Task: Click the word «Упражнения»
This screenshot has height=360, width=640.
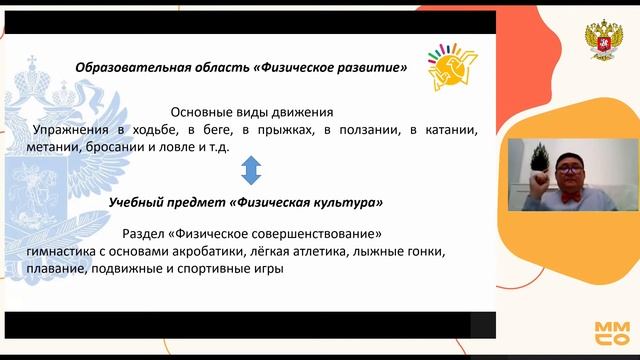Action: click(x=69, y=130)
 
